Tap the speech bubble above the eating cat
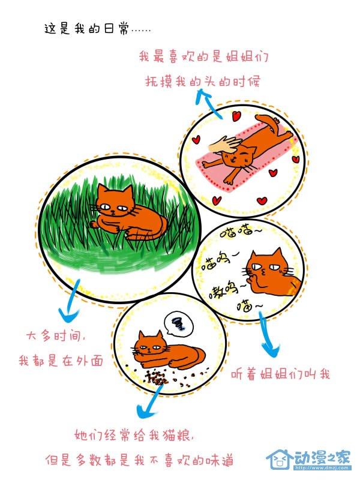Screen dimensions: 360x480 [179, 323]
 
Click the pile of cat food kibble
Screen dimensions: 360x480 [158, 377]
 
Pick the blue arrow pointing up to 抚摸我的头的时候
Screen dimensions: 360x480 [208, 103]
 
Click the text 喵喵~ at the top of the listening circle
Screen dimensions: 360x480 [242, 232]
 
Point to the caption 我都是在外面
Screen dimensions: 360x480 [61, 361]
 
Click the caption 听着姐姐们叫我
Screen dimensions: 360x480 [280, 374]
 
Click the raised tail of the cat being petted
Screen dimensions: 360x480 [267, 121]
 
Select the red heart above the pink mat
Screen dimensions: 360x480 [236, 116]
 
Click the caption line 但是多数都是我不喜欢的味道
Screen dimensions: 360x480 [140, 460]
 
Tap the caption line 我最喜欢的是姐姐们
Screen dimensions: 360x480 [203, 56]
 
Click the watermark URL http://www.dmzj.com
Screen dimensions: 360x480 [322, 467]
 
